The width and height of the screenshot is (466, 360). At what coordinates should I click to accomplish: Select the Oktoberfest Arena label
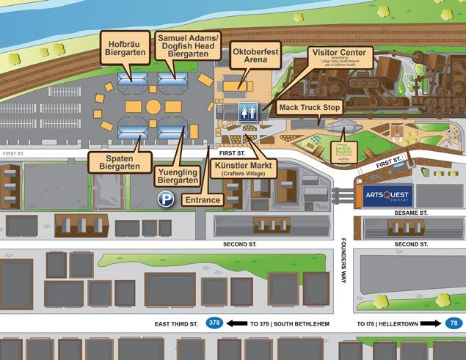[x=255, y=58]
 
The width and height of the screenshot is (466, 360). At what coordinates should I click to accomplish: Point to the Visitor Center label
[x=341, y=59]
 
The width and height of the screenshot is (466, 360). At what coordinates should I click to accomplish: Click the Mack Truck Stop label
[x=310, y=108]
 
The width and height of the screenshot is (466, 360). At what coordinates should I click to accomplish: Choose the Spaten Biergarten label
[x=119, y=162]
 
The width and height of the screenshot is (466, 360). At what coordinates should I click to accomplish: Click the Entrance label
[x=203, y=199]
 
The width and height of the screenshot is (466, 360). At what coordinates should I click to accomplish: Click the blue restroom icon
[x=247, y=111]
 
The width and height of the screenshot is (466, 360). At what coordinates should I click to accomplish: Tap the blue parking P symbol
[x=167, y=199]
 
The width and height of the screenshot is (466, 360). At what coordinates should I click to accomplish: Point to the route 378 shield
[x=214, y=323]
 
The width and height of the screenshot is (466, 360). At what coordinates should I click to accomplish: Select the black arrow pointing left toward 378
[x=236, y=323]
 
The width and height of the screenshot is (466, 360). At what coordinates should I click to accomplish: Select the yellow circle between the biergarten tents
[x=153, y=107]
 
